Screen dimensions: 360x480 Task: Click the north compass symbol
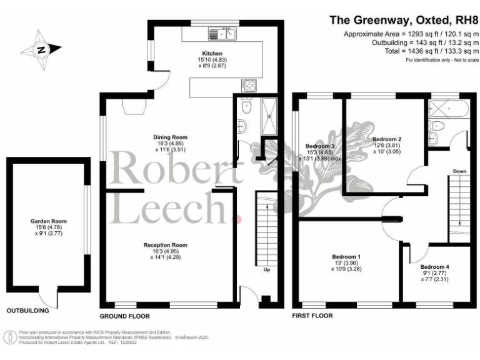pyautogui.click(x=41, y=49)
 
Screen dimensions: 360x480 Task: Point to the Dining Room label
pyautogui.click(x=171, y=137)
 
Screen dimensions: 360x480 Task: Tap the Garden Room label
pyautogui.click(x=48, y=221)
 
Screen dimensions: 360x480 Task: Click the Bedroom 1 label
pyautogui.click(x=346, y=257)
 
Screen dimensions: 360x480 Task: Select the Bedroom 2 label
pyautogui.click(x=386, y=139)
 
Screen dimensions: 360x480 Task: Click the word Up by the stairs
pyautogui.click(x=267, y=270)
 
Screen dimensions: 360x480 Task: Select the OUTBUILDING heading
pyautogui.click(x=28, y=310)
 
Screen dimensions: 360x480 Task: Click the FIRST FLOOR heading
pyautogui.click(x=312, y=316)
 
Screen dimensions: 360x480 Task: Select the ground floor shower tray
pyautogui.click(x=270, y=116)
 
